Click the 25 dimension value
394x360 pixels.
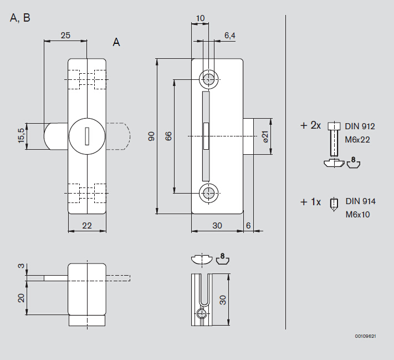[65, 36]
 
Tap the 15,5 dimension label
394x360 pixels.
[22, 136]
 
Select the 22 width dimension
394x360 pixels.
[87, 226]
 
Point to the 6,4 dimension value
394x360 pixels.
[230, 36]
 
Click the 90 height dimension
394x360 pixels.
[151, 136]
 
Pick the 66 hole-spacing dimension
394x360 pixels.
[168, 136]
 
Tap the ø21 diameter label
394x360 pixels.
[265, 136]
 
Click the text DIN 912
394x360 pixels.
[360, 126]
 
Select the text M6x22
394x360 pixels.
[357, 140]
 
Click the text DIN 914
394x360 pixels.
[361, 201]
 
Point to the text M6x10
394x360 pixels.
[358, 215]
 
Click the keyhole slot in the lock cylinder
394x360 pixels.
[87, 136]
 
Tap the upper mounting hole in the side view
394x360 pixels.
[208, 79]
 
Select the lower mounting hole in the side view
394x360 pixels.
[208, 193]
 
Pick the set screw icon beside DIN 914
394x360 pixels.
[334, 205]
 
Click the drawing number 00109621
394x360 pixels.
[365, 336]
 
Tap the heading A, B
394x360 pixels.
[20, 18]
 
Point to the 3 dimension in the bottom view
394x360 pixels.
[22, 266]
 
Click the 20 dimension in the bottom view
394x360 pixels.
[22, 298]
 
